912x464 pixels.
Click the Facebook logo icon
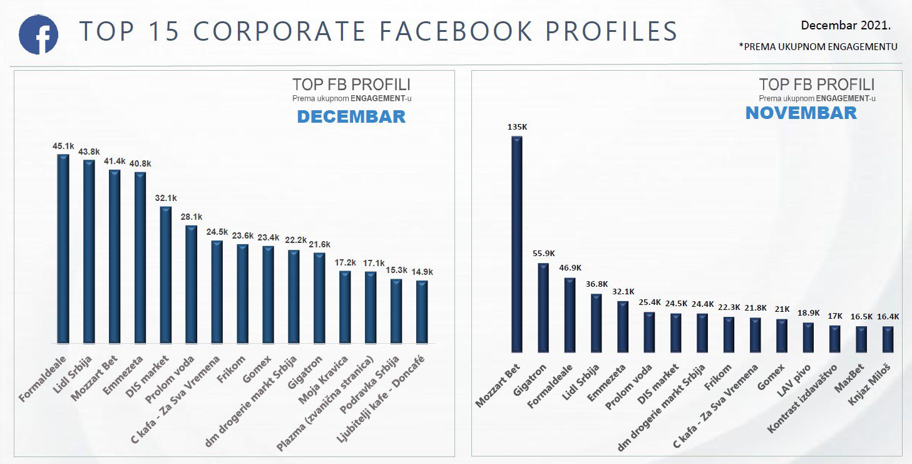(x=38, y=35)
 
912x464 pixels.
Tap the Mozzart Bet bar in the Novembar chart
(x=516, y=244)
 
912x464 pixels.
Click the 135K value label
(x=517, y=127)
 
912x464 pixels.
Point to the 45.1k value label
(x=63, y=146)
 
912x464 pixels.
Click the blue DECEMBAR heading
(x=351, y=117)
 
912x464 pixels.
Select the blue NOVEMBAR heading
(x=801, y=113)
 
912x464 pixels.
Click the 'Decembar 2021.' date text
(x=846, y=26)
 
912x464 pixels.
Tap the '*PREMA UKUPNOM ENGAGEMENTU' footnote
(x=818, y=46)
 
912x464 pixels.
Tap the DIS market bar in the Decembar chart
(x=165, y=276)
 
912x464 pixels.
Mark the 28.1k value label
(x=191, y=217)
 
